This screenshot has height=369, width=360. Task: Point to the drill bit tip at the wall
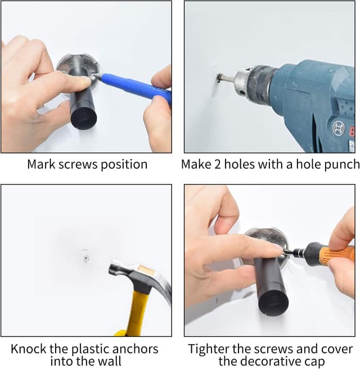pos(220,78)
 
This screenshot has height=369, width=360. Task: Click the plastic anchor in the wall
pos(84,258)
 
